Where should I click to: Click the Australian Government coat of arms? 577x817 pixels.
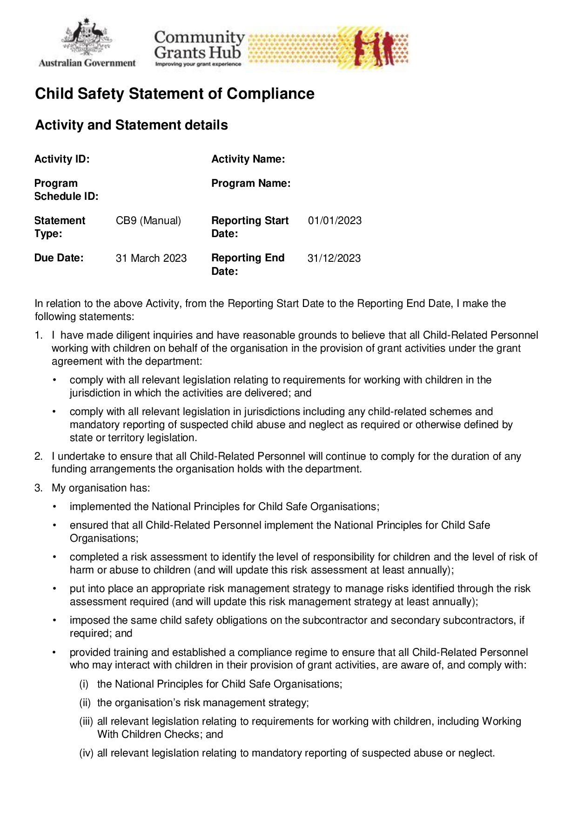coord(87,37)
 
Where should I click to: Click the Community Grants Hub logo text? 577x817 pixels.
coord(199,46)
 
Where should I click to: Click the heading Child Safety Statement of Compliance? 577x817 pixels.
coord(174,94)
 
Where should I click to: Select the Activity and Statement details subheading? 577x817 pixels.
coord(131,125)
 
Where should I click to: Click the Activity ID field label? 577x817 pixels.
coord(62,159)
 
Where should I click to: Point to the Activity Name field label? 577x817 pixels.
coord(248,159)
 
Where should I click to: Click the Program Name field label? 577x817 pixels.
coord(251,184)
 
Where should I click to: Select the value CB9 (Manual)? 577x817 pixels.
coord(148,221)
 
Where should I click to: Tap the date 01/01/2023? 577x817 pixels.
coord(335,221)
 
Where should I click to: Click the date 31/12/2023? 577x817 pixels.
coord(334,259)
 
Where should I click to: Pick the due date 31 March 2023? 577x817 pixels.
coord(151,259)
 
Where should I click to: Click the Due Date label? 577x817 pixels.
coord(59,258)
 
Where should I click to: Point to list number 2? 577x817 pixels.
coord(39,456)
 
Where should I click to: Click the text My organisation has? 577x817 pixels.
coord(101,488)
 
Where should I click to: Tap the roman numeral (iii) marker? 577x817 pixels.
coord(86,722)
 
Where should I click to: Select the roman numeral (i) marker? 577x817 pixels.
coord(84,684)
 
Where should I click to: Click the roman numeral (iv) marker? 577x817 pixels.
coord(86,753)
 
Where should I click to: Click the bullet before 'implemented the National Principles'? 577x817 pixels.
coord(54,507)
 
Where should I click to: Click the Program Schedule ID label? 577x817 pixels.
coord(66,190)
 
